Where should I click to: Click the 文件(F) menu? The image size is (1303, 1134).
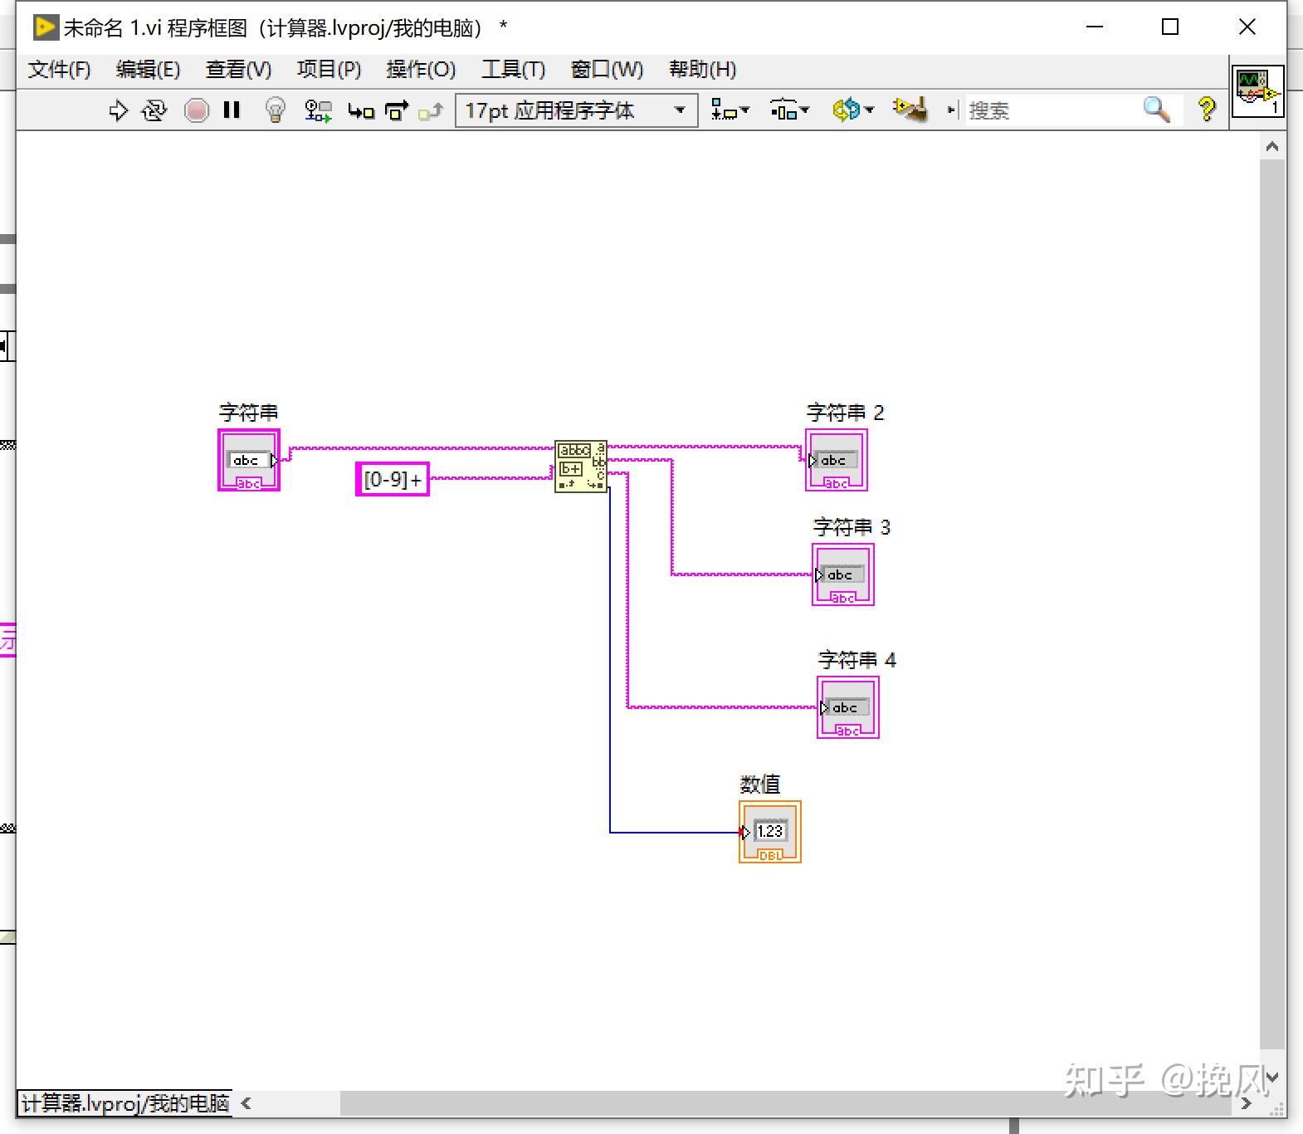(59, 69)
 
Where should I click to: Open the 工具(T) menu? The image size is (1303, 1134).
(513, 69)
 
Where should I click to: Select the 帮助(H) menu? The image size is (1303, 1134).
(702, 69)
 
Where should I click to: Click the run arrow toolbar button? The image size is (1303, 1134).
(118, 110)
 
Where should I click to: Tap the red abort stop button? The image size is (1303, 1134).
(197, 110)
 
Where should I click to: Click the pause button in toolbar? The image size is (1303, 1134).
(232, 110)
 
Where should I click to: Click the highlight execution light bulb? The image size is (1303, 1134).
(275, 110)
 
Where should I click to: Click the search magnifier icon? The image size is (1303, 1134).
(1156, 109)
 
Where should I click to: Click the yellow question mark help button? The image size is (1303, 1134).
(1207, 109)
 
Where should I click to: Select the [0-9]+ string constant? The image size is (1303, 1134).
(392, 479)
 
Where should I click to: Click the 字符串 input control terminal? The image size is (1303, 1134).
(249, 460)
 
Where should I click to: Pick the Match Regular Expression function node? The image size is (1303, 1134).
(580, 466)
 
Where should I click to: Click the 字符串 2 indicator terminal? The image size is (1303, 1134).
(836, 460)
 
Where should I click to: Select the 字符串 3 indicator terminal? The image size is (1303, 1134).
(842, 574)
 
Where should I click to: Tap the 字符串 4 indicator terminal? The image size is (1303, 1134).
(847, 707)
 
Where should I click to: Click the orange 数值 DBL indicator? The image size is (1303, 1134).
(769, 832)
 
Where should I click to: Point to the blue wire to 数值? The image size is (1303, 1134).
(610, 664)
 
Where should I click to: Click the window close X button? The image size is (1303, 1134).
(1247, 27)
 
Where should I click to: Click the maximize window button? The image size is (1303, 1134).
(1169, 27)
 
